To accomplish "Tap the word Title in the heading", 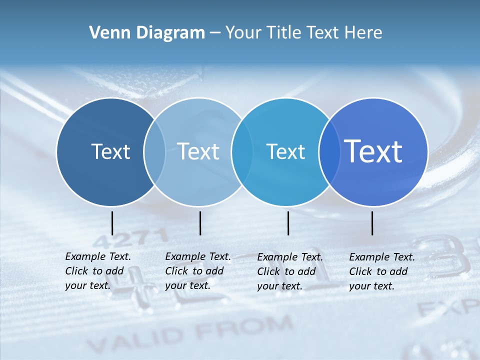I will tap(283, 33).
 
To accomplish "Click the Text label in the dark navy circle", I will tap(110, 151).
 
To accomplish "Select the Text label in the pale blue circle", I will tap(198, 151).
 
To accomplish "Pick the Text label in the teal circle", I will tap(285, 151).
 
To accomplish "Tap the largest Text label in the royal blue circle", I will tap(373, 151).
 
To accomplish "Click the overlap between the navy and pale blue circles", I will tap(154, 151).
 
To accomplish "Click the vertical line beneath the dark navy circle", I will tap(112, 223).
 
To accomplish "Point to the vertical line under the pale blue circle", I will tap(200, 223).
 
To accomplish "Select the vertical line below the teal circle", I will tap(288, 223).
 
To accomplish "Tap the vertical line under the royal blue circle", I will tap(372, 223).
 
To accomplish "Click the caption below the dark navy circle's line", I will tap(98, 271).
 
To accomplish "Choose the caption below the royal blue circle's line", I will tap(382, 271).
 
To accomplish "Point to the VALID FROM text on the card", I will tap(190, 334).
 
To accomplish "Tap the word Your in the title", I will tap(244, 33).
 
